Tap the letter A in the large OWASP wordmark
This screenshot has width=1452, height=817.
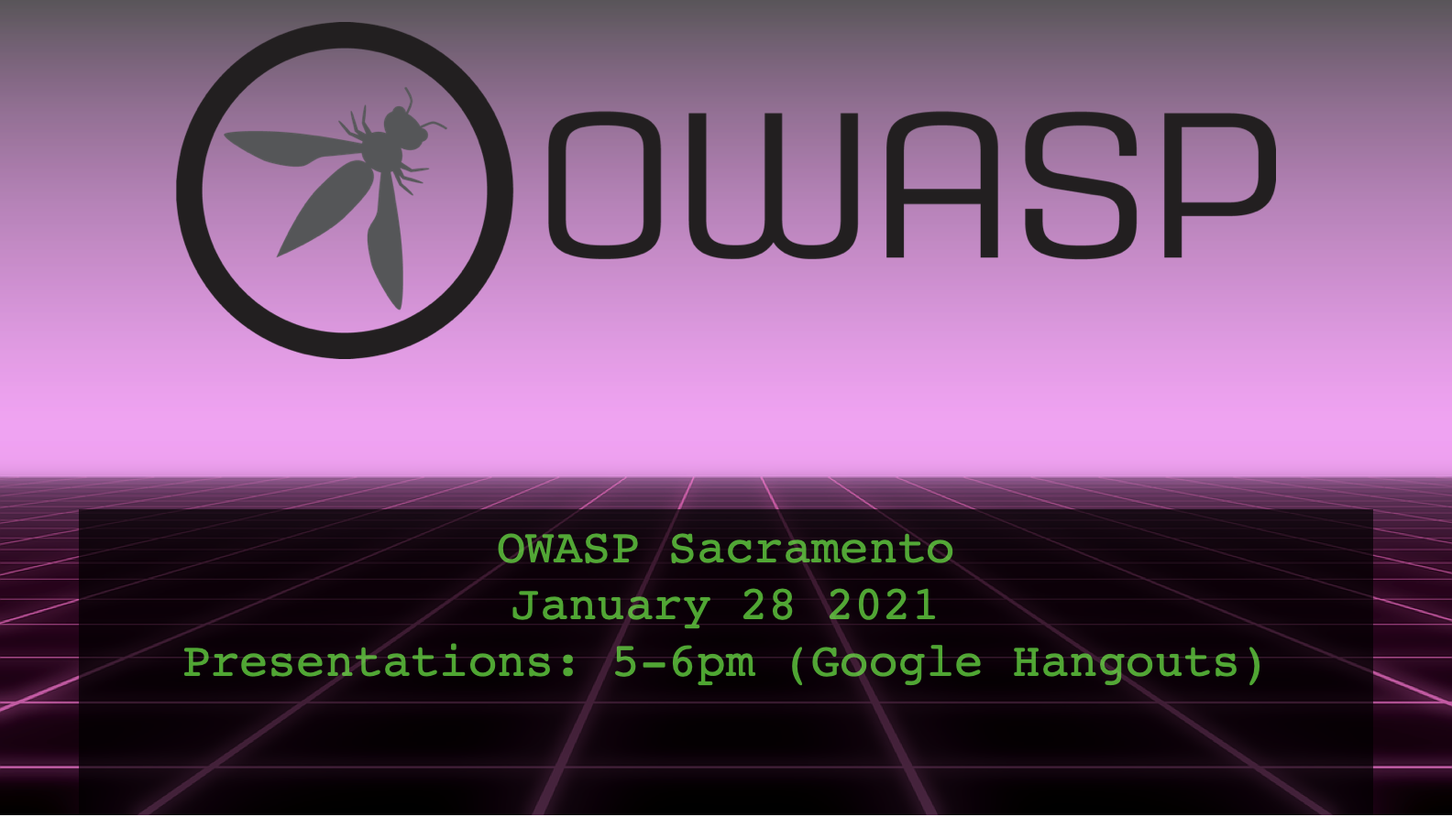(941, 185)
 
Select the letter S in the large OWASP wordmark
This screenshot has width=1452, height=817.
(1081, 185)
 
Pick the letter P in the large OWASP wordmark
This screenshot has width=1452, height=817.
(1219, 185)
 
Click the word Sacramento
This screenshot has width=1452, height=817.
(811, 550)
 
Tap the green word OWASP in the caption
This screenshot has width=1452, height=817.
(567, 550)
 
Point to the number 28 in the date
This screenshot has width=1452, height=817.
(768, 605)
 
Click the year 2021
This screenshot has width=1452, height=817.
(882, 605)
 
